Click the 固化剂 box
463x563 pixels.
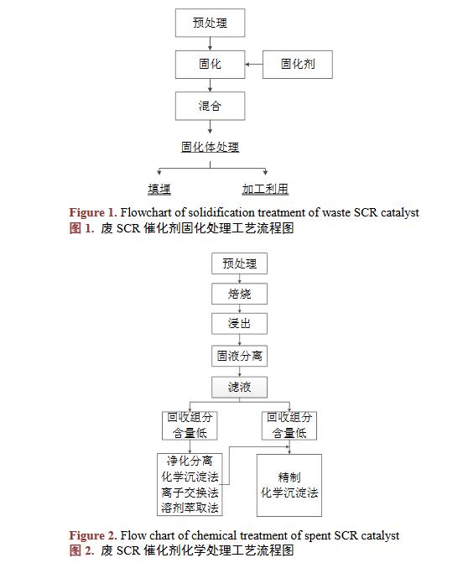pos(298,65)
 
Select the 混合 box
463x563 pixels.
pos(210,106)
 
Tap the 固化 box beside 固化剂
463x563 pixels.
pos(210,65)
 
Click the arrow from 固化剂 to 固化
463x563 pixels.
pos(254,65)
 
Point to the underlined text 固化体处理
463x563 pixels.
pos(210,147)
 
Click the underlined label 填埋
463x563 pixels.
pos(159,189)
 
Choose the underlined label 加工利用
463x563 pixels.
pos(265,189)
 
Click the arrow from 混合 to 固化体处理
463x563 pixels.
pos(210,127)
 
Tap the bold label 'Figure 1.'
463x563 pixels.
pos(93,212)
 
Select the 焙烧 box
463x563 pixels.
pos(239,294)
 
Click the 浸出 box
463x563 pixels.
pos(239,324)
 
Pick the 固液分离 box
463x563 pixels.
pos(239,356)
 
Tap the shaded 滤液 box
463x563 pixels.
pos(239,387)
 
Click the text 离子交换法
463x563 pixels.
pos(190,493)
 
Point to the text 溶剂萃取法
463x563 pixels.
pos(190,508)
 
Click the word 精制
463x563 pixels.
pos(289,477)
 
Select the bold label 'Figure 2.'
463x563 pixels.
pos(93,535)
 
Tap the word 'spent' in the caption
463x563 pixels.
pos(317,536)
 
